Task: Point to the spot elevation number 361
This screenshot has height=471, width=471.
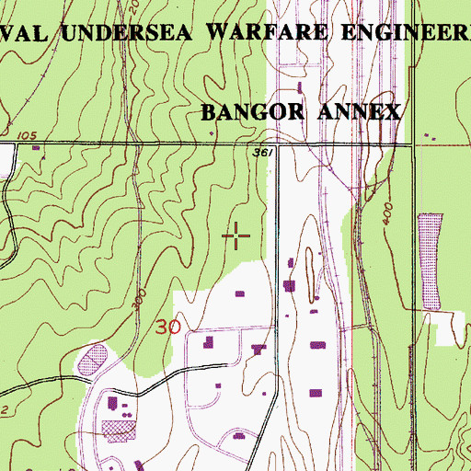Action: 262,153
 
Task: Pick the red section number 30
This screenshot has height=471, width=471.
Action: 167,327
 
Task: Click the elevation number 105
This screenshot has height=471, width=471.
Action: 27,136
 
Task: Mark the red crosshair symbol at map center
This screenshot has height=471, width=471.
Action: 237,236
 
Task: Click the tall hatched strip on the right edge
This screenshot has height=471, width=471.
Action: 429,260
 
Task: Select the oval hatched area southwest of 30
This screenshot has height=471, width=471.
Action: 92,356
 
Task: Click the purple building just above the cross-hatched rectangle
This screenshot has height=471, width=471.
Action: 113,403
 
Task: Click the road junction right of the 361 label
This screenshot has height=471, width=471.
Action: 277,143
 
